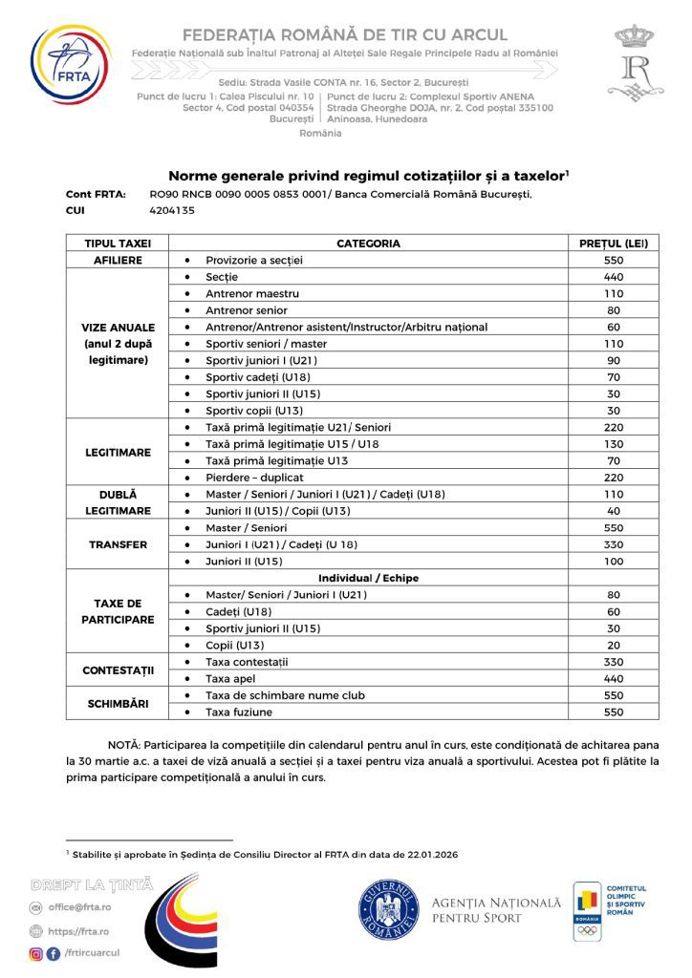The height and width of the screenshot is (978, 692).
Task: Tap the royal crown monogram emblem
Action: coord(632,63)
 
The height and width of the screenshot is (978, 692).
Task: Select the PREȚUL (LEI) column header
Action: coord(614,244)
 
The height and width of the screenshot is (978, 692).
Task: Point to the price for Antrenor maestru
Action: coord(614,293)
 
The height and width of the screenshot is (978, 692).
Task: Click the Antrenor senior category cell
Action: coord(247,310)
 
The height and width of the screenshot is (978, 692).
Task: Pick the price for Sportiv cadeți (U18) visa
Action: coord(614,377)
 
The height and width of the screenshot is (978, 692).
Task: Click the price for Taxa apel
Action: coord(614,678)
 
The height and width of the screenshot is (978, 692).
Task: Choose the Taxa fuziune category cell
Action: coord(240,712)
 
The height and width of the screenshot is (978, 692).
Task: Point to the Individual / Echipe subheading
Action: coord(368,578)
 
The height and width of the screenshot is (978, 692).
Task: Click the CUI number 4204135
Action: coord(173,210)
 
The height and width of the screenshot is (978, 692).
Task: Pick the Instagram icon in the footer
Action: coord(36,953)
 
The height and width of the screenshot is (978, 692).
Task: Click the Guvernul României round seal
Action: coord(389,910)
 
